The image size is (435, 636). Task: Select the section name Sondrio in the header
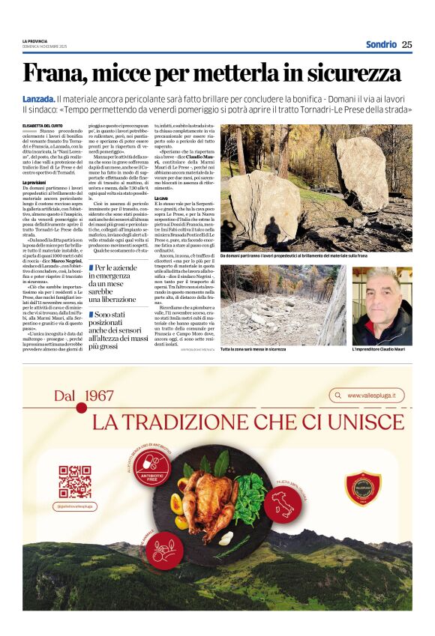[x=381, y=44]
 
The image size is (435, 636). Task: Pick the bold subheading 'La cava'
[x=161, y=197]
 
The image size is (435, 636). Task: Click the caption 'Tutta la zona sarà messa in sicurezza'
[x=253, y=350]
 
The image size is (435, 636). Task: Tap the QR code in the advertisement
[x=75, y=481]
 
